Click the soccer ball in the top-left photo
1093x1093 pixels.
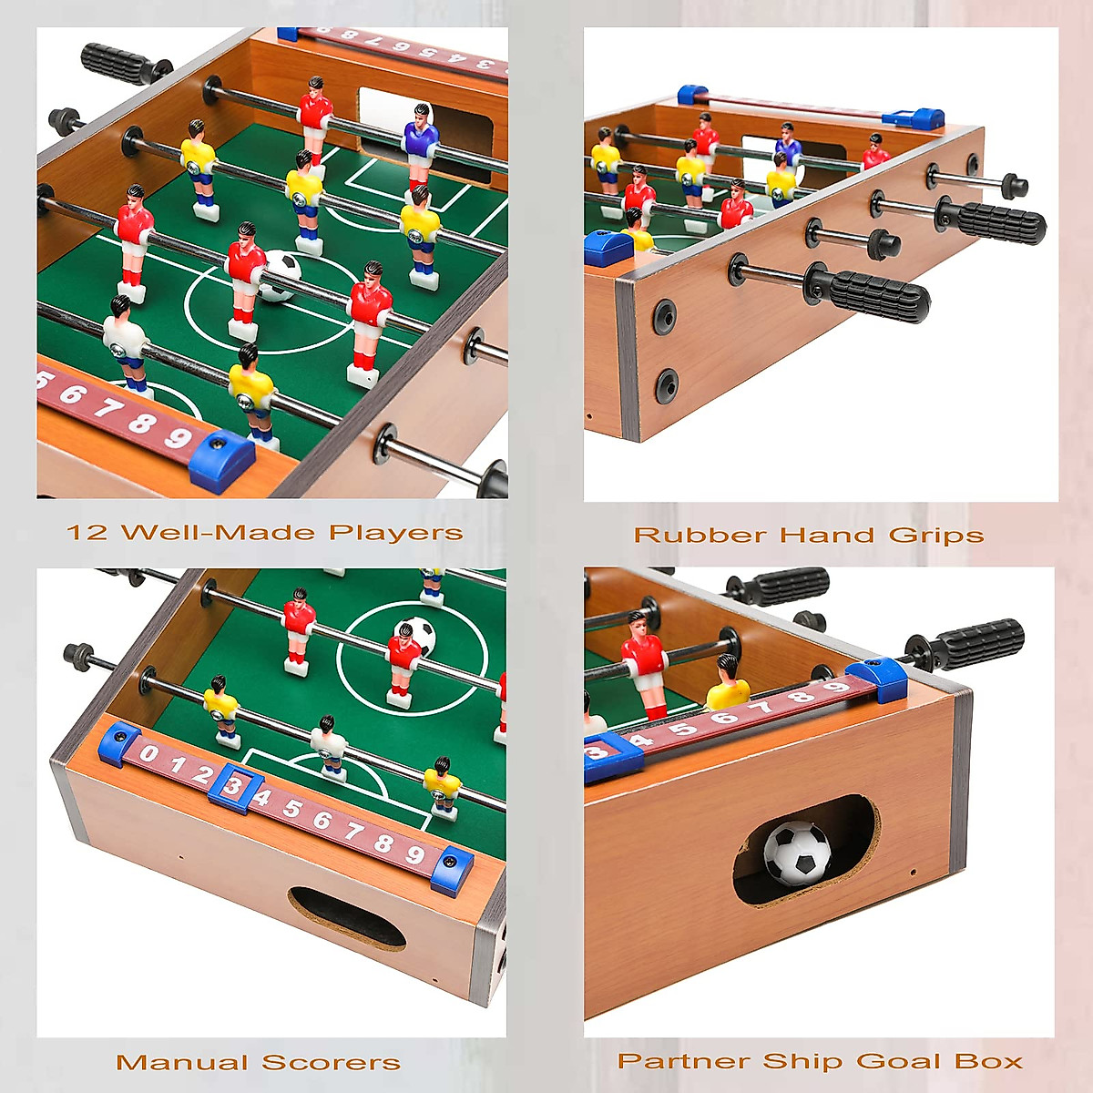pyautogui.click(x=281, y=275)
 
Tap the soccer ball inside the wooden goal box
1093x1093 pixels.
pyautogui.click(x=797, y=852)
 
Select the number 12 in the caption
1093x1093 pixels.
pyautogui.click(x=87, y=533)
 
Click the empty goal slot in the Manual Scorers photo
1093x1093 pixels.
pyautogui.click(x=346, y=918)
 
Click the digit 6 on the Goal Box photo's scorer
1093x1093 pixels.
pyautogui.click(x=724, y=718)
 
